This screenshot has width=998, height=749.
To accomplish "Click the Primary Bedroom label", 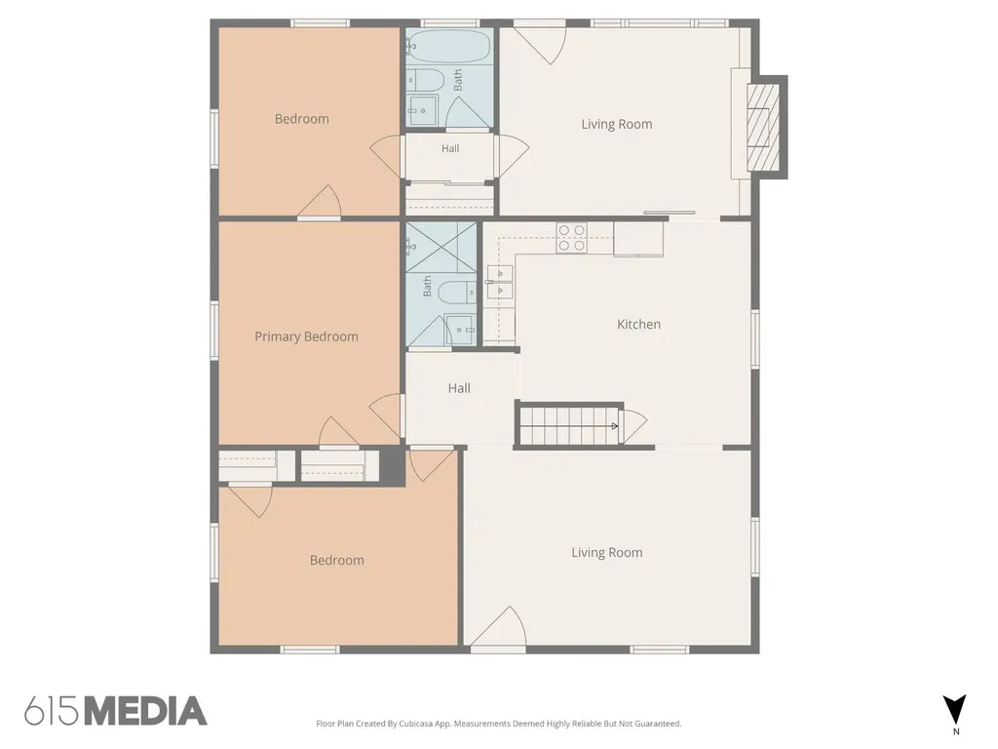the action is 306,336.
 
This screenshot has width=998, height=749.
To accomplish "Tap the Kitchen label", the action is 638,324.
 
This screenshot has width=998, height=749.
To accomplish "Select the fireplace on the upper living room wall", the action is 766,127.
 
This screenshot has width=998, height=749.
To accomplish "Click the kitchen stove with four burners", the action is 571,238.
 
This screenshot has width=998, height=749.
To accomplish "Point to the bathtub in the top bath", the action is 448,47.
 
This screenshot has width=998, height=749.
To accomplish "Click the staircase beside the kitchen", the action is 569,425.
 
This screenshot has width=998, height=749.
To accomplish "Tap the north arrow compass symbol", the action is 955,710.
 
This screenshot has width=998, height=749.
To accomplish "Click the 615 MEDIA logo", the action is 116,711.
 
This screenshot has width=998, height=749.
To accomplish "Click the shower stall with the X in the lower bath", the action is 441,247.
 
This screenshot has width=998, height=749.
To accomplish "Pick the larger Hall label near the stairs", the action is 459,388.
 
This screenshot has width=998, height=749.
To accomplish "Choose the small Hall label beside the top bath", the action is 450,148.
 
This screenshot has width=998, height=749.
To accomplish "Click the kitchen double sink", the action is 500,283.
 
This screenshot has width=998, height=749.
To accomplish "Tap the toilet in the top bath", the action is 425,80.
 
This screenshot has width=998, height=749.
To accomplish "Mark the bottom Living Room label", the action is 606,553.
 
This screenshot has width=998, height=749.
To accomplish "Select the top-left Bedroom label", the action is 302,119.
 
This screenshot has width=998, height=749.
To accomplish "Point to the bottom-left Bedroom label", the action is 336,561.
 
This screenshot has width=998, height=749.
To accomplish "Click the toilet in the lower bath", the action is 457,293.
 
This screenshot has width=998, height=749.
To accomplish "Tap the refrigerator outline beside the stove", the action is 638,240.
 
